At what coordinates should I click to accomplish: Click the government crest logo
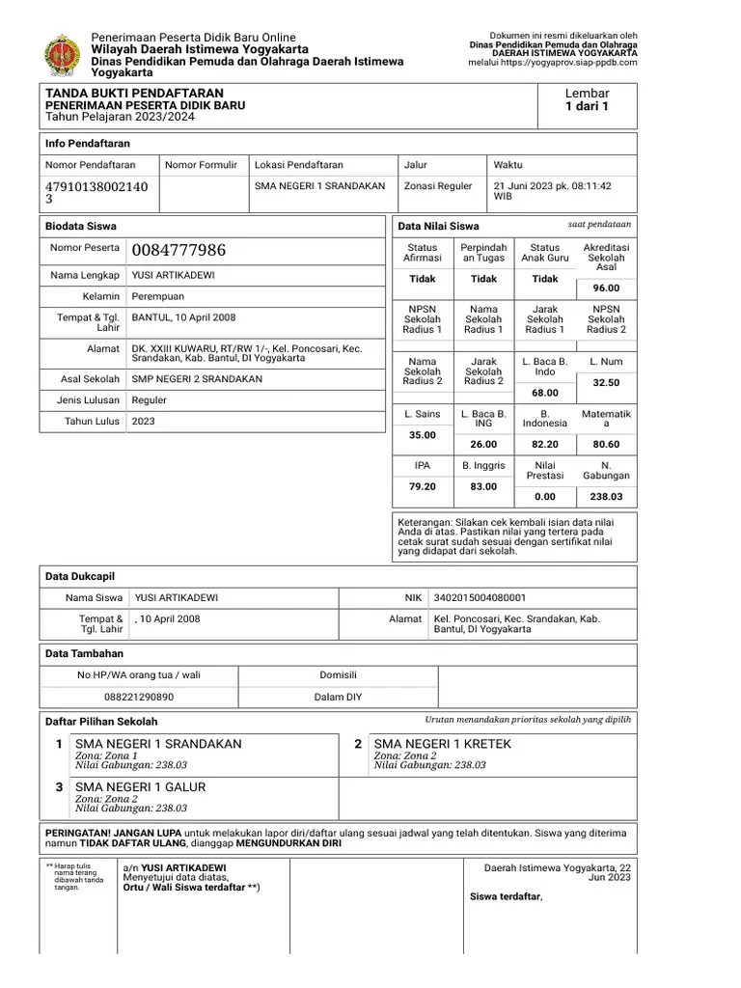click(x=64, y=53)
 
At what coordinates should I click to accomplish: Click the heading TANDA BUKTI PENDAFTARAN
click(x=134, y=93)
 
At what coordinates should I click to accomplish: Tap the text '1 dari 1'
click(x=587, y=107)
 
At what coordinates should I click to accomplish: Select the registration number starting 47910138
click(x=96, y=192)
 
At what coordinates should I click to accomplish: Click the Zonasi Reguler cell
click(x=438, y=186)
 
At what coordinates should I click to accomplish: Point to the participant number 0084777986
click(x=178, y=251)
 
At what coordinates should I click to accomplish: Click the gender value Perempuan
click(x=157, y=296)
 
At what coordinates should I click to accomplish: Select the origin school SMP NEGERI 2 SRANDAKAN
click(x=197, y=379)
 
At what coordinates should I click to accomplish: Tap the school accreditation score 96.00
click(x=606, y=288)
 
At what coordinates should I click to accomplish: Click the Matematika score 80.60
click(x=606, y=444)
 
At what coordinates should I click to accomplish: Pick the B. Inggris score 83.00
click(x=483, y=486)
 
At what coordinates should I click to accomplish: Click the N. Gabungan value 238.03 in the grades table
click(x=606, y=497)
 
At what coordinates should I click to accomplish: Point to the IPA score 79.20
click(x=422, y=486)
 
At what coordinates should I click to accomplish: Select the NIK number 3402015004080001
click(x=480, y=598)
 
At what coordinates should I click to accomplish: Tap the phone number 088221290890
click(x=139, y=696)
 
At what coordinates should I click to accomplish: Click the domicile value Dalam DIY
click(x=338, y=696)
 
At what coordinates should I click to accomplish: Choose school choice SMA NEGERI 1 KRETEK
click(x=442, y=744)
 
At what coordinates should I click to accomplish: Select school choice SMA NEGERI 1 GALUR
click(x=147, y=786)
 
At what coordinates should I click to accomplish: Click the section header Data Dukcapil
click(x=80, y=576)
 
